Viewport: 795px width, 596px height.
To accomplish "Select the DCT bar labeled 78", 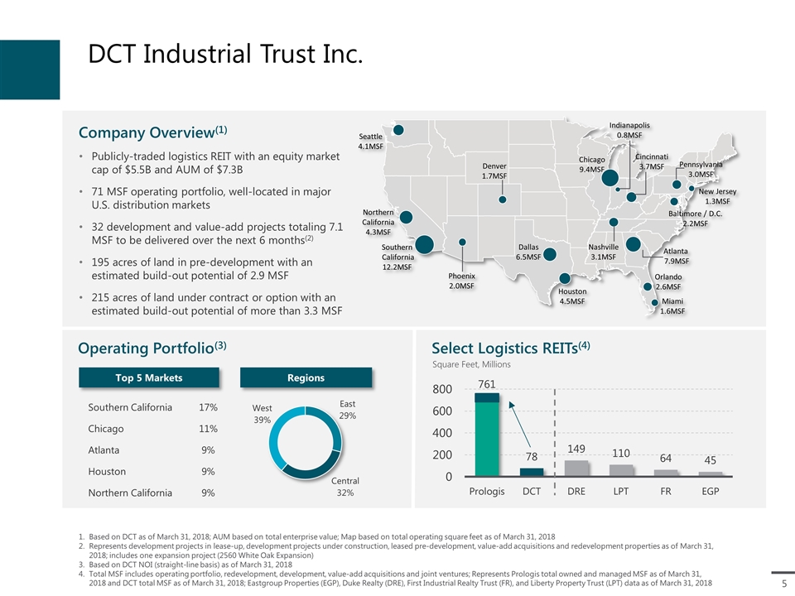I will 532,472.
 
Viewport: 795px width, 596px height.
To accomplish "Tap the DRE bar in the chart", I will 576,468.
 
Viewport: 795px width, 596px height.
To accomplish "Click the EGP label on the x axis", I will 710,491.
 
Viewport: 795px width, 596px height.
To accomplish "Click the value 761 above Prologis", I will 487,384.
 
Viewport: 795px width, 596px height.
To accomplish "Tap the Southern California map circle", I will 425,244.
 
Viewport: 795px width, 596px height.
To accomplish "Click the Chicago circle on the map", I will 614,178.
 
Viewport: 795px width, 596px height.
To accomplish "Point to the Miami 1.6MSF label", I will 672,306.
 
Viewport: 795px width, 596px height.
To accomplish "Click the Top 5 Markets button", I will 149,377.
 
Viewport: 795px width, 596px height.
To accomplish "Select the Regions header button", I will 306,377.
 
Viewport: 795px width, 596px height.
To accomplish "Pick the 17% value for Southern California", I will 208,407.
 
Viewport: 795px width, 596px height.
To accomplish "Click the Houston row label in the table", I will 107,471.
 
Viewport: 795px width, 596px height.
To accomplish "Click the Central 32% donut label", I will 345,486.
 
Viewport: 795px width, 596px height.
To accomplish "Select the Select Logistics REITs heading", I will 510,346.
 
